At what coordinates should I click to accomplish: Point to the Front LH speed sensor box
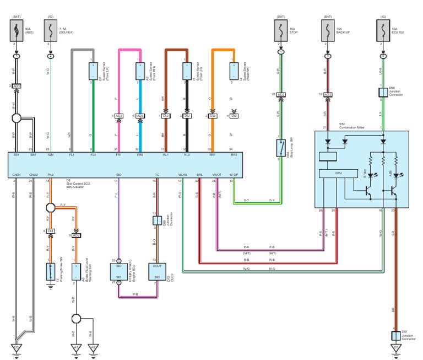(x=93, y=71)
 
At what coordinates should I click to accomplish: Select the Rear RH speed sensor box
(x=233, y=71)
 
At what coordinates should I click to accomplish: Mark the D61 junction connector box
(x=395, y=335)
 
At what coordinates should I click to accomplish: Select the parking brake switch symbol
(x=51, y=271)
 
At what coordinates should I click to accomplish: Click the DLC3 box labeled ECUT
(x=157, y=271)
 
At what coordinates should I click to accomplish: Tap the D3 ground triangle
(x=17, y=348)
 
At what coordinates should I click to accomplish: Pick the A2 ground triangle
(x=76, y=348)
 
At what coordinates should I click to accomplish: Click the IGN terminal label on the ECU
(x=51, y=155)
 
